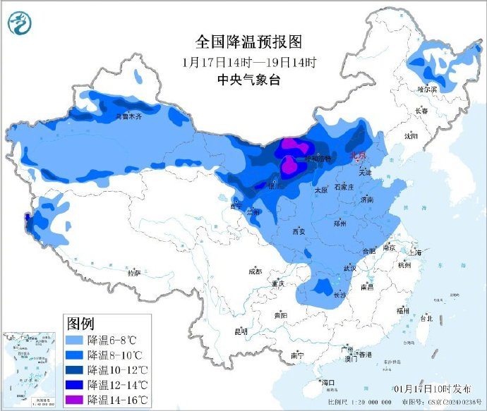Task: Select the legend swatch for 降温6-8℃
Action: [x=75, y=340]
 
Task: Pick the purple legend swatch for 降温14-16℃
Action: [x=75, y=400]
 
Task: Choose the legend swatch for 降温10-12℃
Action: [x=75, y=369]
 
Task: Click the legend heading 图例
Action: [x=80, y=324]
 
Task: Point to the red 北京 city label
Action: [x=359, y=155]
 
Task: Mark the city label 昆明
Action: [x=241, y=331]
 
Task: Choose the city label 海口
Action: [x=327, y=382]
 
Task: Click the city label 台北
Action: [x=426, y=318]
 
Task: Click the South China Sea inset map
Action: [x=31, y=370]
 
